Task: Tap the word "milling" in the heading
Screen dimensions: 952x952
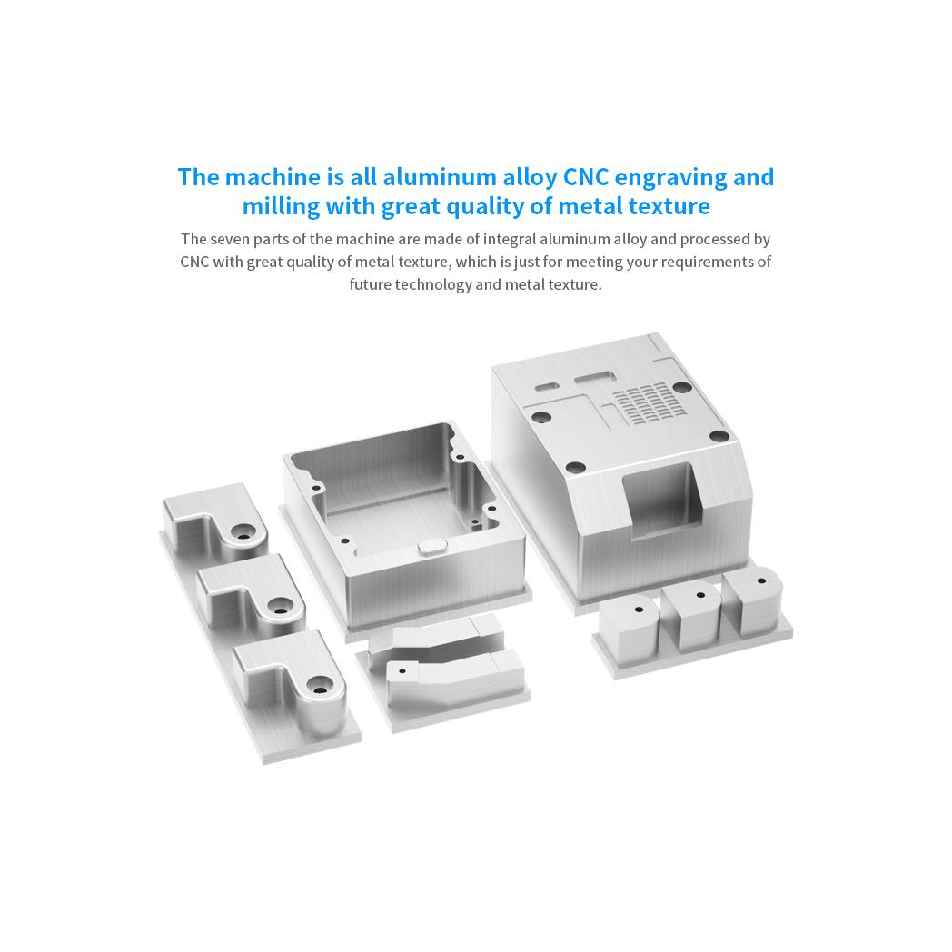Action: click(x=281, y=207)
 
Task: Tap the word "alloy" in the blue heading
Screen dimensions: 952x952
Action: click(x=530, y=178)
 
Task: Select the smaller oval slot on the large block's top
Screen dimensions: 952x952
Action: click(x=547, y=386)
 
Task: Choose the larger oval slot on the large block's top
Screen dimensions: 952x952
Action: click(x=595, y=379)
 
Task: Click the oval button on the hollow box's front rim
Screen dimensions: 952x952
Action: click(x=432, y=547)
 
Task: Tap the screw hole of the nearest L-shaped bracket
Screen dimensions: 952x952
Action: click(x=320, y=688)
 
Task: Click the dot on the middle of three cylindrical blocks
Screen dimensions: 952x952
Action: click(x=700, y=596)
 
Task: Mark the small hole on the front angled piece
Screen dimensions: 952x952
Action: click(x=402, y=672)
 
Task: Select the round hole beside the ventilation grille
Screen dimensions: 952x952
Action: click(x=682, y=387)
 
